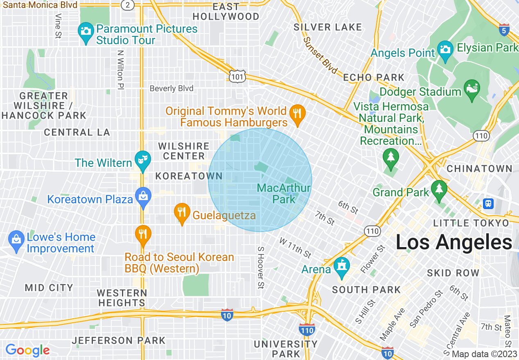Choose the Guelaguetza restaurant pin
182,213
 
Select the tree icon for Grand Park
439,190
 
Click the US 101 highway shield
237,76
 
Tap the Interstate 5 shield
505,30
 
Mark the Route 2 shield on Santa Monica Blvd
128,4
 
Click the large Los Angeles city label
454,242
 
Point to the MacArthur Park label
284,193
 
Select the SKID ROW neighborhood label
453,273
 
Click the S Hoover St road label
260,268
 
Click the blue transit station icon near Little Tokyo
488,203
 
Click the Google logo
27,350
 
